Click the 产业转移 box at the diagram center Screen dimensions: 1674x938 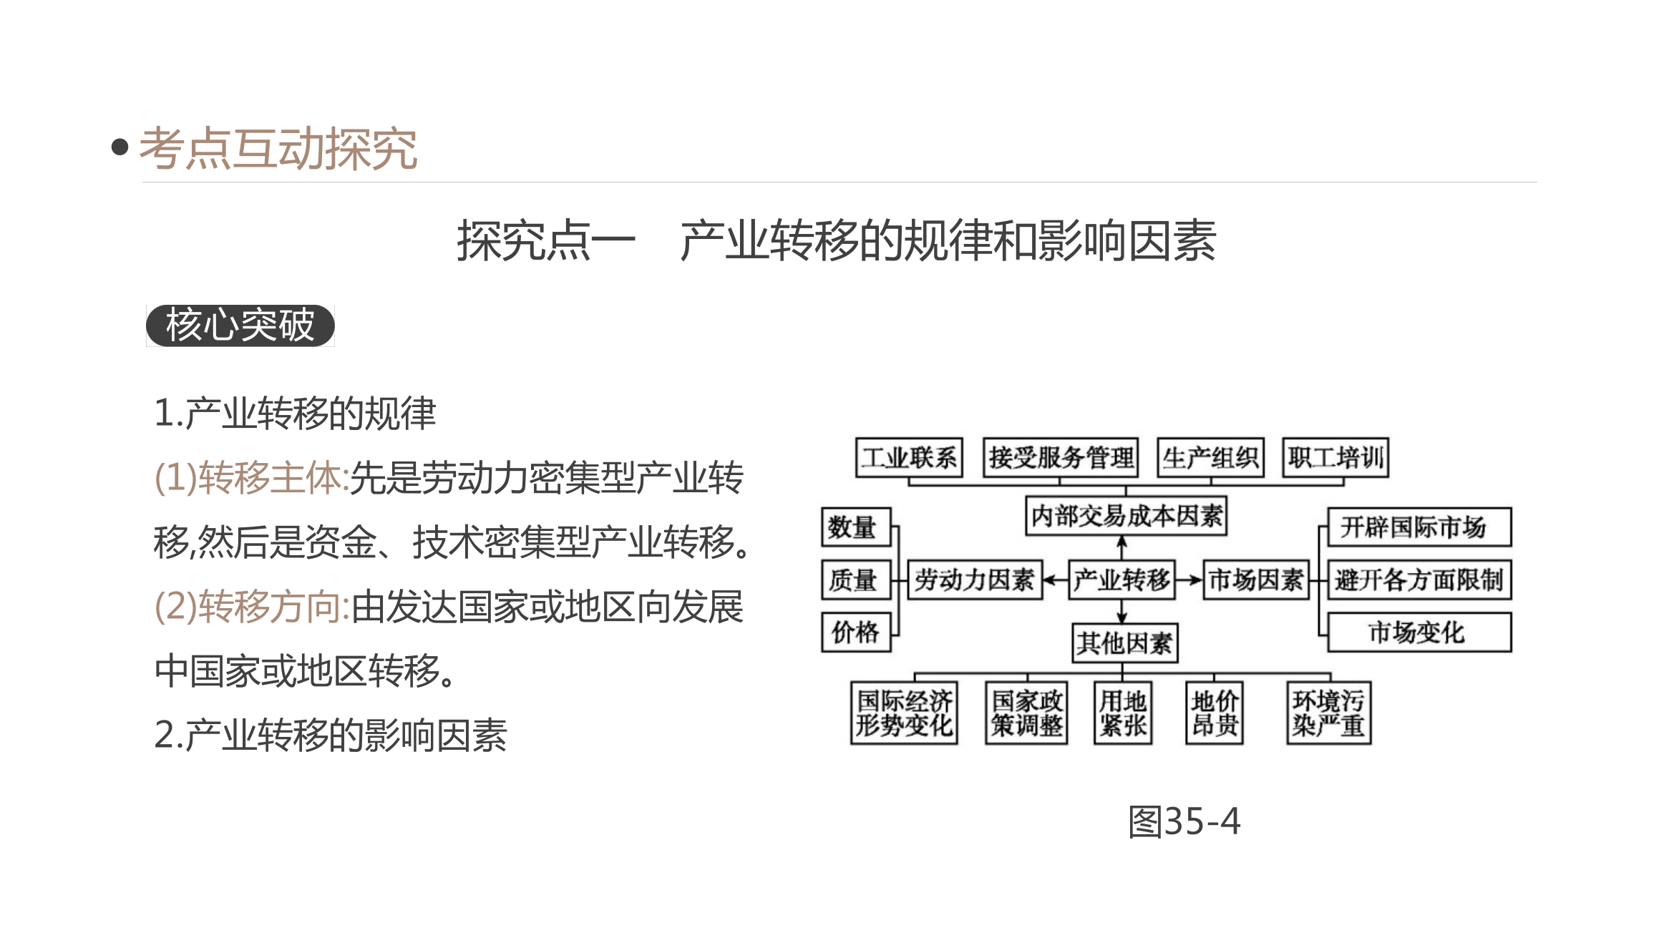click(1121, 580)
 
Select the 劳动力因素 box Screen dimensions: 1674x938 click(975, 580)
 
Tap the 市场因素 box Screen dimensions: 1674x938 click(1256, 580)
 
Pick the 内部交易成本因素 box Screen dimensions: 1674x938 click(1126, 515)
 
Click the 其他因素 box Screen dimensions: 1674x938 click(1125, 643)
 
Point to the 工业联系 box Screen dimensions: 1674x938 click(909, 457)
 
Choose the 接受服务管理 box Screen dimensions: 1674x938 click(1061, 457)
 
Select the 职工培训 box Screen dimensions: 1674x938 click(1335, 457)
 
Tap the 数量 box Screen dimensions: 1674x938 click(856, 527)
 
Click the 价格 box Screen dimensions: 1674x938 click(856, 632)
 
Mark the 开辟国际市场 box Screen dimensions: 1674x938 click(1420, 527)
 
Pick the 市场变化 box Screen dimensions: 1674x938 click(1420, 632)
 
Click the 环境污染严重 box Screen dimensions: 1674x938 click(1329, 713)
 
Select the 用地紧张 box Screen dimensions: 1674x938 click(1123, 713)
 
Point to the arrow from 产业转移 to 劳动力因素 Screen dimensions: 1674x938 click(1056, 580)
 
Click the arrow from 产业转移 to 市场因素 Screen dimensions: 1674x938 click(1189, 580)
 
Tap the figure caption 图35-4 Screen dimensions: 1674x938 click(1184, 821)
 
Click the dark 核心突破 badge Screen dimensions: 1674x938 click(240, 326)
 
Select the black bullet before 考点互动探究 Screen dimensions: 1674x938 click(120, 147)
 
